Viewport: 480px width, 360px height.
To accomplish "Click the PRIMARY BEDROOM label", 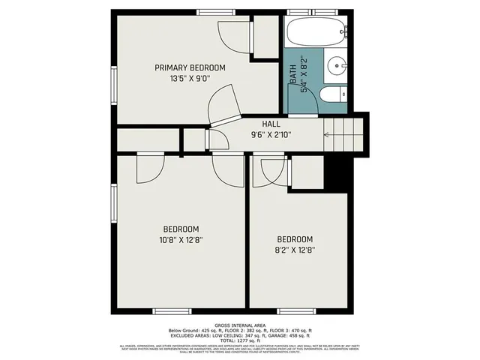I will coord(190,67).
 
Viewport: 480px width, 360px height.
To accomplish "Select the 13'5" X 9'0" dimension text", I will coord(190,77).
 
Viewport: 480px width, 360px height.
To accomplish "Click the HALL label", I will coord(271,124).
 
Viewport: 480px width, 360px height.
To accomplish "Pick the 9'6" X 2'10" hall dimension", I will coord(271,135).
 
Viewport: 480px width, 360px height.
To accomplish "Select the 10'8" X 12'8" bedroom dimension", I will coord(181,240).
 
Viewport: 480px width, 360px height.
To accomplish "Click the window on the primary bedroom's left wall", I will coord(114,86).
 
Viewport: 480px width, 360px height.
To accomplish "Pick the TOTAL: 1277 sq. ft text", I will coord(240,340).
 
